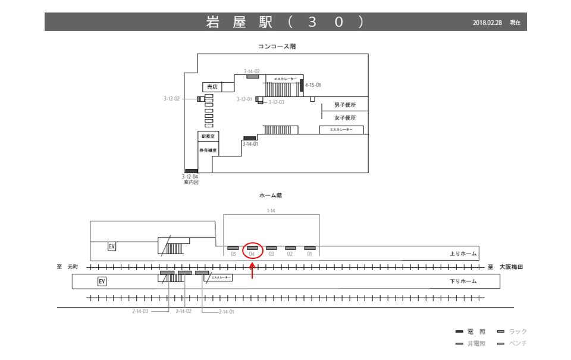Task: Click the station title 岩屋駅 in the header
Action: point(239,22)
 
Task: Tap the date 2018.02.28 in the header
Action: point(488,23)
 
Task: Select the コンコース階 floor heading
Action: point(277,46)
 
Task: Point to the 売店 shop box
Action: point(211,87)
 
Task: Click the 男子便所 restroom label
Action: point(345,105)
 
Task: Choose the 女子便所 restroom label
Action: point(345,118)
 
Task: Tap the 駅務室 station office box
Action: point(208,136)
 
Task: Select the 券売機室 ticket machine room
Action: point(208,150)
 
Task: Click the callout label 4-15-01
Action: point(313,85)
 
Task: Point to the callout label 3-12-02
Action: point(171,99)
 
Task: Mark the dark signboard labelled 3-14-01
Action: point(250,139)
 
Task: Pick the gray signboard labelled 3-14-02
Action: point(253,76)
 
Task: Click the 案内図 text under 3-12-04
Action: point(191,182)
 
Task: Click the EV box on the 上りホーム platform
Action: point(111,246)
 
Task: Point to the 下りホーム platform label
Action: point(463,281)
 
